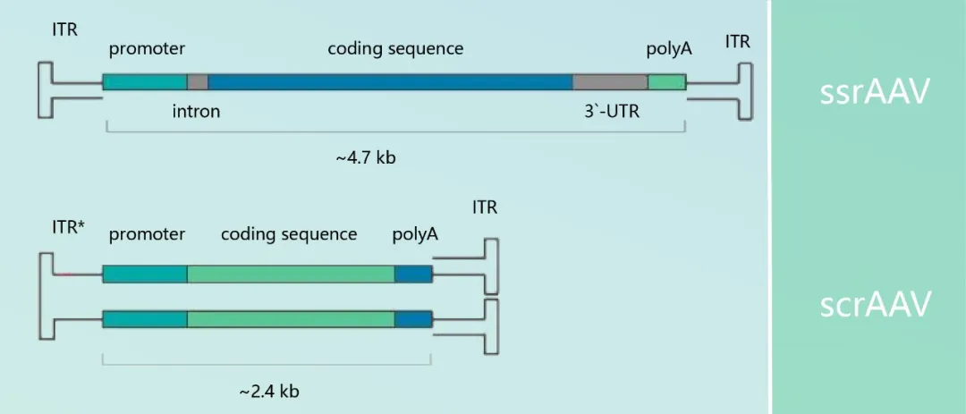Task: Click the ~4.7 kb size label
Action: (x=366, y=158)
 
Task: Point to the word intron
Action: (x=196, y=113)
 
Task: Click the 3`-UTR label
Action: (x=611, y=113)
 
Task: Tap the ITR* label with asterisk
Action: (x=69, y=227)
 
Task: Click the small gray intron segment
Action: (x=198, y=82)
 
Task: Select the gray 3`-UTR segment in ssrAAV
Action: (x=610, y=82)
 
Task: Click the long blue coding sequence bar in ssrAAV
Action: (x=390, y=82)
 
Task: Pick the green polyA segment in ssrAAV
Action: (x=667, y=82)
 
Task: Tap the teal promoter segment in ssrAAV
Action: (x=145, y=82)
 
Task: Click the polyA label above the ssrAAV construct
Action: (x=669, y=48)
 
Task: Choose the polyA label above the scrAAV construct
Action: (x=415, y=234)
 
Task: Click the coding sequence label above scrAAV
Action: (x=289, y=234)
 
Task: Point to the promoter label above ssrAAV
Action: (x=147, y=48)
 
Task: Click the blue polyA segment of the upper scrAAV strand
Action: (x=413, y=274)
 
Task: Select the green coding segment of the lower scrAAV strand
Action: (x=291, y=318)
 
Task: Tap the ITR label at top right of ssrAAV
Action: (x=738, y=41)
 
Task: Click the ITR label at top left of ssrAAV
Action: (x=65, y=30)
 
